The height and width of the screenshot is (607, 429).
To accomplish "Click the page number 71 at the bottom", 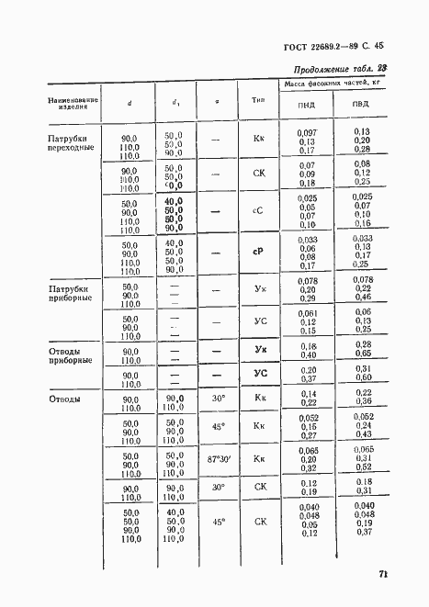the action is (x=382, y=575).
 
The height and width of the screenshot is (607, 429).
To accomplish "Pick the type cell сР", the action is (x=258, y=252).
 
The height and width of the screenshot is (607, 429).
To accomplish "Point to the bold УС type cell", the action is (x=259, y=374).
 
